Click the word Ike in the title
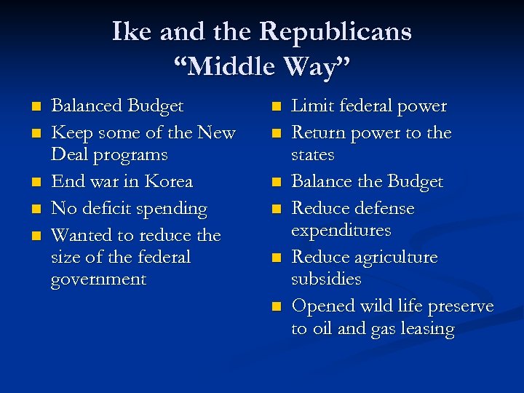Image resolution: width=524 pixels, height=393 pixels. point(132,31)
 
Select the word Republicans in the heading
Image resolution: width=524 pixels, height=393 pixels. point(336,31)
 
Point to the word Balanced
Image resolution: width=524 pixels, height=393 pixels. point(87,106)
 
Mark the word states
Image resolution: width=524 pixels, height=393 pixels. point(313,155)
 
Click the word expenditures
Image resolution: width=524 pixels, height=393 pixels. point(341,231)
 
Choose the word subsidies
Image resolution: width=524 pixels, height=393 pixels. point(326,279)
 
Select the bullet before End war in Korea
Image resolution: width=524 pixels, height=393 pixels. point(34,182)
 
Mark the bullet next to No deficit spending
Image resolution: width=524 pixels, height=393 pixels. point(34,209)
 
